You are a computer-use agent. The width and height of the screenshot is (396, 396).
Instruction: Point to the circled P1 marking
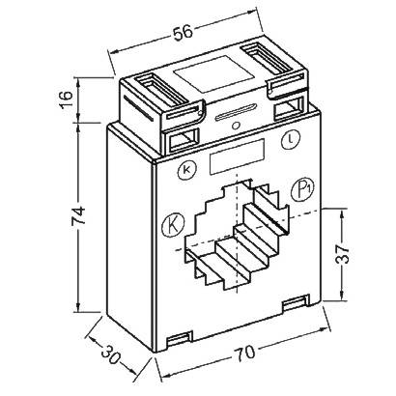pos(306,186)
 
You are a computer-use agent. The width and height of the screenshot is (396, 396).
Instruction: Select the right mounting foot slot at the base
pos(293,305)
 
